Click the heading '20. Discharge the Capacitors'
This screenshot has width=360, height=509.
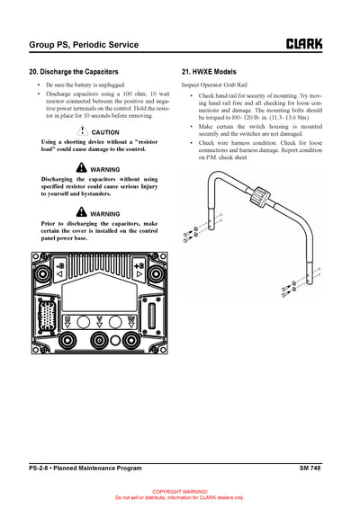pyautogui.click(x=74, y=71)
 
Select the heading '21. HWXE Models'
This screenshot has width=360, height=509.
pyautogui.click(x=210, y=71)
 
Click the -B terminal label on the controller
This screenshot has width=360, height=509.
pyautogui.click(x=61, y=266)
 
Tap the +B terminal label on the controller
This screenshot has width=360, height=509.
pyautogui.click(x=138, y=266)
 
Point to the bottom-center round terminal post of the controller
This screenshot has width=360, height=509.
pyautogui.click(x=99, y=341)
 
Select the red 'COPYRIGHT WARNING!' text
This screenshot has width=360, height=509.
pyautogui.click(x=180, y=492)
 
